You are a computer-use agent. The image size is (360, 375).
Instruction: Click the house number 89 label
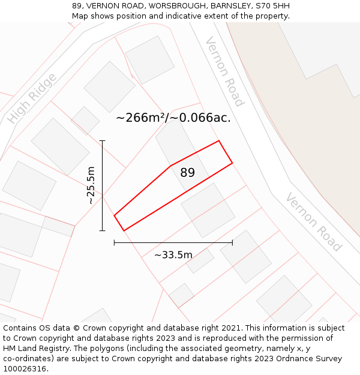(188, 173)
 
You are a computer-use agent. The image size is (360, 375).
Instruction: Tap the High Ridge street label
(33, 98)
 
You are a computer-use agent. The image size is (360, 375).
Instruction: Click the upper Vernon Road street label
(224, 71)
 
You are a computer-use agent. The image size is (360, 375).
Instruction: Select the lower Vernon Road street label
(313, 222)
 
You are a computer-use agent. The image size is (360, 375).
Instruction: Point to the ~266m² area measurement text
(173, 118)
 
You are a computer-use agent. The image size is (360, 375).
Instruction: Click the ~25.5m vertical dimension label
(91, 185)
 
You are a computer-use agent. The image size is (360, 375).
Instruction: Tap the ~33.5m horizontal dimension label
(173, 255)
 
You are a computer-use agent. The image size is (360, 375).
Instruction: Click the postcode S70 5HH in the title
(273, 6)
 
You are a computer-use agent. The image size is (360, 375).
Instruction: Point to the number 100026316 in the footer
(25, 369)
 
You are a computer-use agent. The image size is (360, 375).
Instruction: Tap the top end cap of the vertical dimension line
(103, 141)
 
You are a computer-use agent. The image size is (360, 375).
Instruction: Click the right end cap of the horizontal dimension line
(232, 242)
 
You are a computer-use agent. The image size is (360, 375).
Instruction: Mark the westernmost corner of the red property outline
(114, 215)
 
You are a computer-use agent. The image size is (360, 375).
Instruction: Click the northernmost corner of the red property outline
(219, 141)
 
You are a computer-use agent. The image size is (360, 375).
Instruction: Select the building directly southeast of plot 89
(208, 210)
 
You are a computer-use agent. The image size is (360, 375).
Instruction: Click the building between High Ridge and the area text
(109, 86)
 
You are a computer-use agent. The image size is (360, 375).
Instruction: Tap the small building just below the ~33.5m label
(200, 261)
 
